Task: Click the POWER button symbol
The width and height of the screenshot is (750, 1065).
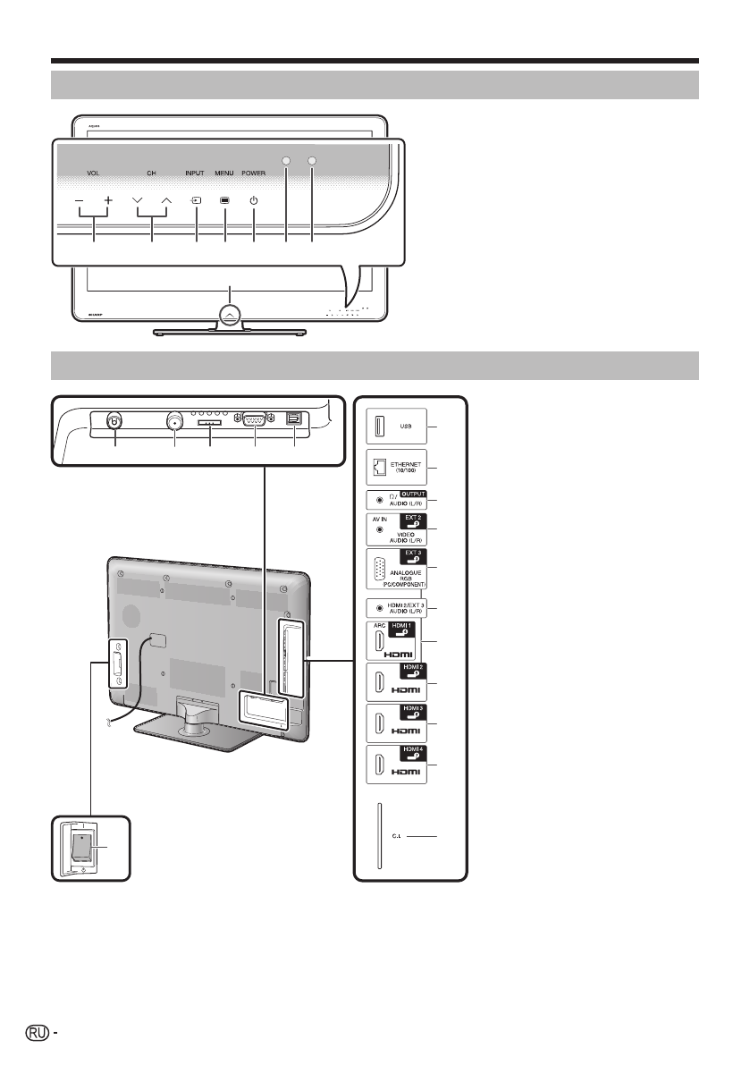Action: coord(254,200)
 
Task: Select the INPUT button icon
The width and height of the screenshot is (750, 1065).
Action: coord(195,200)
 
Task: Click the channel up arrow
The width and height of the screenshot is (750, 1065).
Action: coord(165,200)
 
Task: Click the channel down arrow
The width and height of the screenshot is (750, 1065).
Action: coord(137,200)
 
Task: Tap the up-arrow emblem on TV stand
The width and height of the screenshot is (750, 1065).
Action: coord(230,314)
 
